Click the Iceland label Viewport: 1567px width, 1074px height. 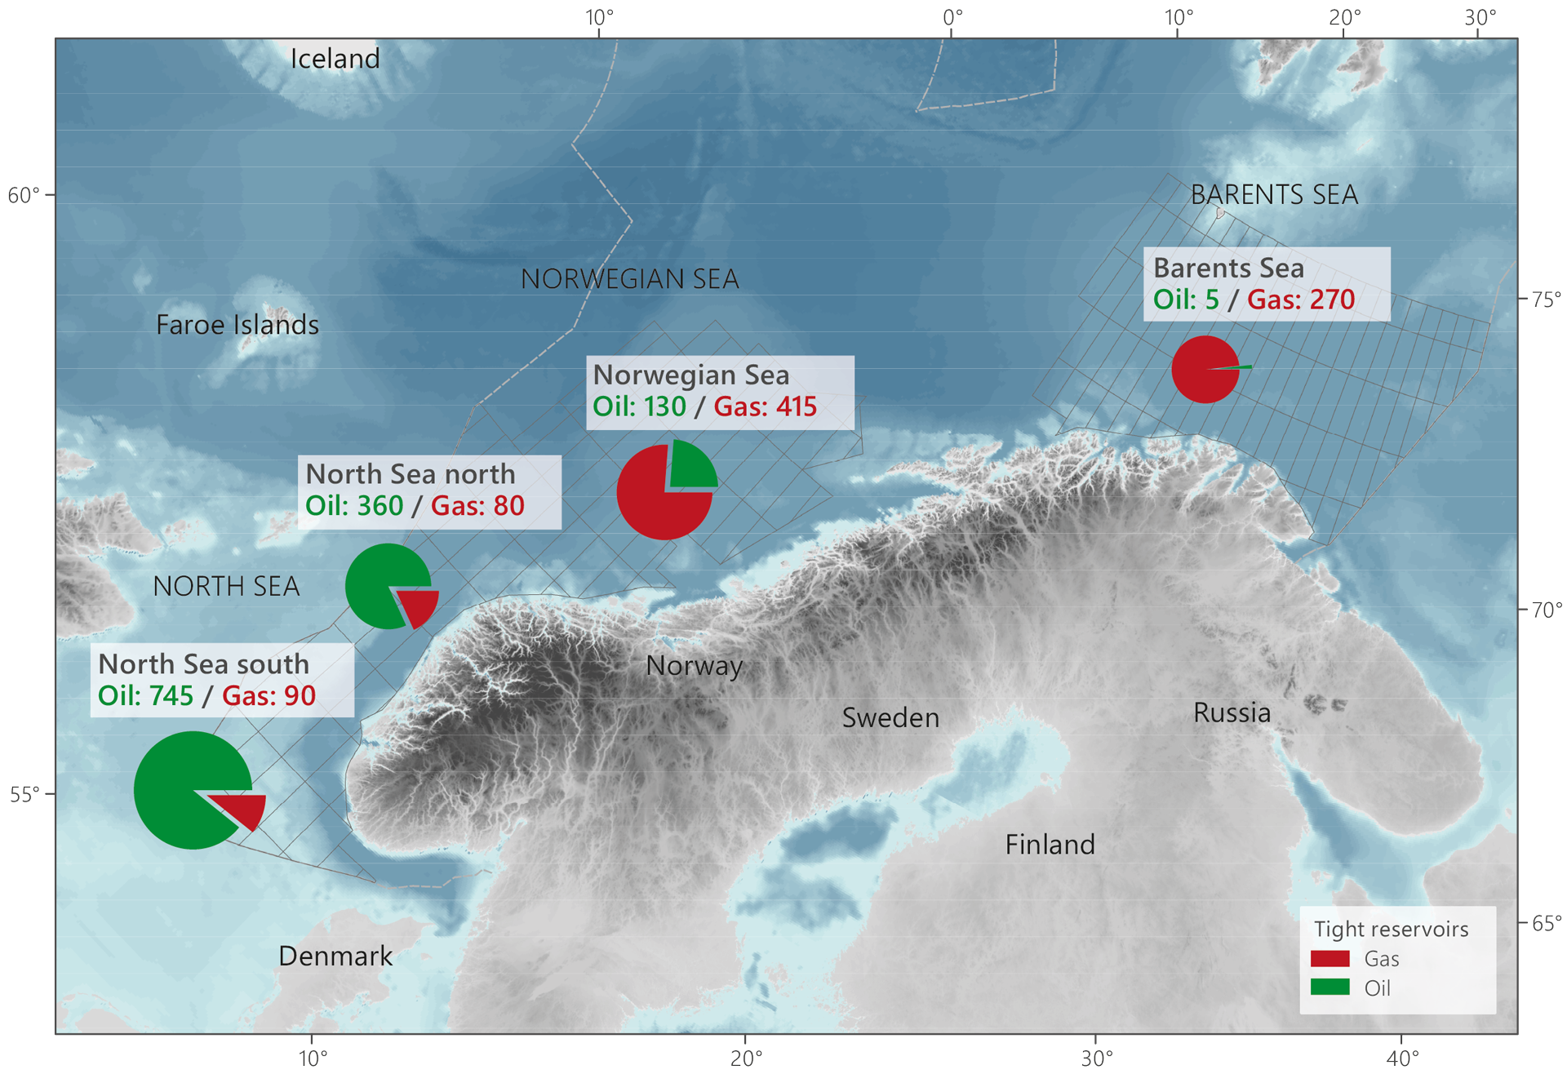point(335,59)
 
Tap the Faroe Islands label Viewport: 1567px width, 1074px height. point(237,325)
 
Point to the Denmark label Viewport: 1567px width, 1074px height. point(335,956)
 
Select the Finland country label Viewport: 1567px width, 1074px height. point(1050,844)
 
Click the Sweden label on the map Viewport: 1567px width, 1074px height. point(890,717)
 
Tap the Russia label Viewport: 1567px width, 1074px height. point(1232,712)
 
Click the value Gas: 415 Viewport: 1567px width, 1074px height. point(765,406)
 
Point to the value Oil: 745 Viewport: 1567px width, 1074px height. point(145,695)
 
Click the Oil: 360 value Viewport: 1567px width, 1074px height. point(353,505)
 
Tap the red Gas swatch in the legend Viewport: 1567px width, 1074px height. point(1330,958)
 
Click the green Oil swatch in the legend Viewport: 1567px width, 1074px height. point(1330,987)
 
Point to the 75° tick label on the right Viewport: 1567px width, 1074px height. point(1546,299)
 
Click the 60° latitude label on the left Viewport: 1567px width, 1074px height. point(23,196)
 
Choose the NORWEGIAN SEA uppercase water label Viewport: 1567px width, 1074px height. point(629,279)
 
